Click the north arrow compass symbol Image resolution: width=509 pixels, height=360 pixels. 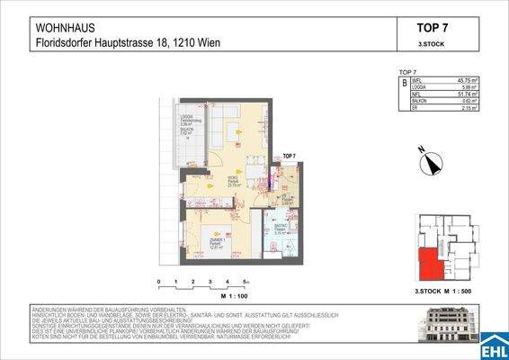coord(432,163)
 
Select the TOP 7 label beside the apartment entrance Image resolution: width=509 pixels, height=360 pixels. coord(289,157)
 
